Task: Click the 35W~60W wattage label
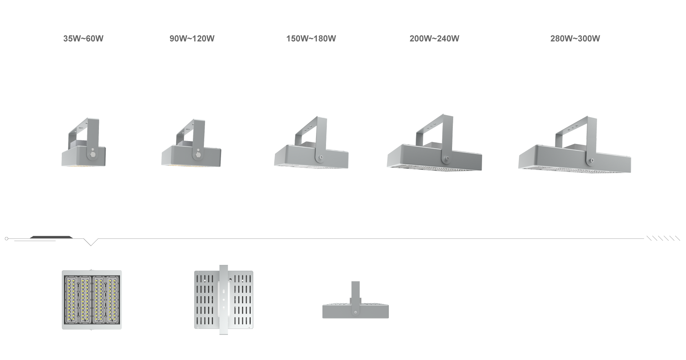tap(83, 39)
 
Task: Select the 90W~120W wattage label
tap(192, 39)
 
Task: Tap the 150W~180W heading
tap(311, 39)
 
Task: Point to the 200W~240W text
tap(434, 39)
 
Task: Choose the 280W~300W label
tap(575, 39)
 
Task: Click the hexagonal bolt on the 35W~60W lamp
tap(93, 155)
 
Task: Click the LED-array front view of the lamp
tap(92, 300)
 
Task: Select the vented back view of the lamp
tap(224, 300)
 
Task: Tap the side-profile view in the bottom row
tap(355, 300)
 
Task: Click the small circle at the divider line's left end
tap(6, 239)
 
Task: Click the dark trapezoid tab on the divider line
tap(51, 237)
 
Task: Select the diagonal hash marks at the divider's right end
tap(664, 238)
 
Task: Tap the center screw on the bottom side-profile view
tap(355, 312)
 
